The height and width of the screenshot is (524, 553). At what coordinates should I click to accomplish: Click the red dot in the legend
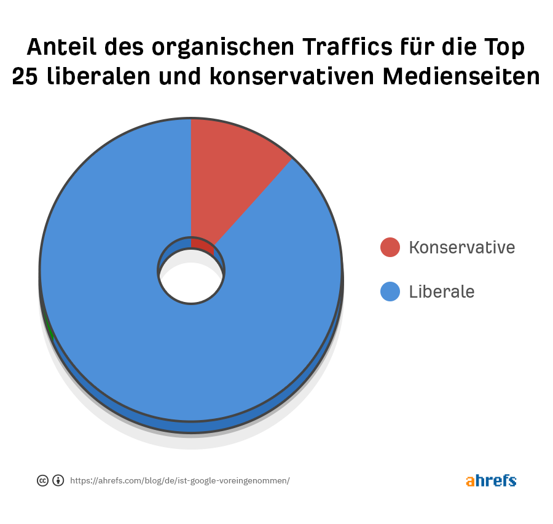pyautogui.click(x=390, y=247)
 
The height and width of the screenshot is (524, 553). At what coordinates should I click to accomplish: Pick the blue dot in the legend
pyautogui.click(x=390, y=292)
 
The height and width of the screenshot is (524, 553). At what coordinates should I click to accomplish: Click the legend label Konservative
pyautogui.click(x=461, y=247)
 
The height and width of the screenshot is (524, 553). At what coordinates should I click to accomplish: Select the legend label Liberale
pyautogui.click(x=442, y=292)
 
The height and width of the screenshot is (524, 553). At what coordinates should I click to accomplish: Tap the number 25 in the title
pyautogui.click(x=25, y=76)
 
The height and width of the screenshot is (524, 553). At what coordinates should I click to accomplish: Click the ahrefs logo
pyautogui.click(x=490, y=481)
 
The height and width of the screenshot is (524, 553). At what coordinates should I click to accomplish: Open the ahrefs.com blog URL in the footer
pyautogui.click(x=179, y=481)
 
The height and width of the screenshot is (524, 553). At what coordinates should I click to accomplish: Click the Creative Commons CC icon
pyautogui.click(x=42, y=481)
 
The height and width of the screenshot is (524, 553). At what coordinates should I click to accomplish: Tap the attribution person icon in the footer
pyautogui.click(x=58, y=481)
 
